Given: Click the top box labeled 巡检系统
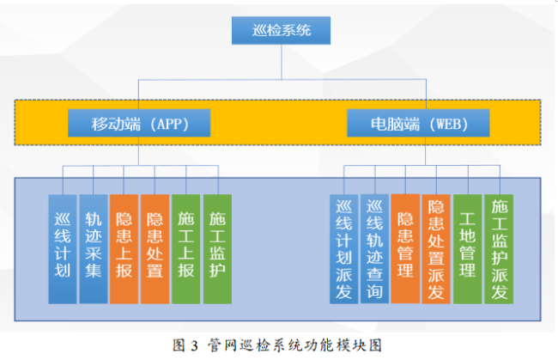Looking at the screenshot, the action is pyautogui.click(x=281, y=31).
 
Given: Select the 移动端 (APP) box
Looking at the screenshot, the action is pyautogui.click(x=139, y=123).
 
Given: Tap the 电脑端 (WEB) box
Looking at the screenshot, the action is pyautogui.click(x=418, y=123).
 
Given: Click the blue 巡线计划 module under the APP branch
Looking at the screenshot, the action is pyautogui.click(x=63, y=249).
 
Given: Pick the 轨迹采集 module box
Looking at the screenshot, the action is pyautogui.click(x=94, y=249).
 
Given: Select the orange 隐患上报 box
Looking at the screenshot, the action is pyautogui.click(x=124, y=249).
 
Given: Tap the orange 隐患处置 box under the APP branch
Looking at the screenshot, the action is pyautogui.click(x=155, y=249).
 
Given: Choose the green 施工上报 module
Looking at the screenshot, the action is pyautogui.click(x=185, y=249).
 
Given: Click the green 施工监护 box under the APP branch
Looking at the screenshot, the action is pyautogui.click(x=217, y=249).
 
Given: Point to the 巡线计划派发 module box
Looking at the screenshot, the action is pyautogui.click(x=343, y=249).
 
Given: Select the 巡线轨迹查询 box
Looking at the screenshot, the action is pyautogui.click(x=375, y=249).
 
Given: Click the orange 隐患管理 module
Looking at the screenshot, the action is pyautogui.click(x=405, y=249).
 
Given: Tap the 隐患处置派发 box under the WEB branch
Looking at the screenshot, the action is pyautogui.click(x=436, y=249).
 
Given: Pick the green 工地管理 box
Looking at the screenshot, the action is pyautogui.click(x=468, y=249).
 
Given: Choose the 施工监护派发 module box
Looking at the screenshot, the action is pyautogui.click(x=499, y=249).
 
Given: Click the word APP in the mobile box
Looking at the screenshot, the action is pyautogui.click(x=169, y=124).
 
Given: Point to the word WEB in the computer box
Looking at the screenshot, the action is pyautogui.click(x=448, y=124).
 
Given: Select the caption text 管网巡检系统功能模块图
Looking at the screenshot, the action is pyautogui.click(x=294, y=345).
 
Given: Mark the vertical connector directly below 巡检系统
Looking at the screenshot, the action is pyautogui.click(x=282, y=62).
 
